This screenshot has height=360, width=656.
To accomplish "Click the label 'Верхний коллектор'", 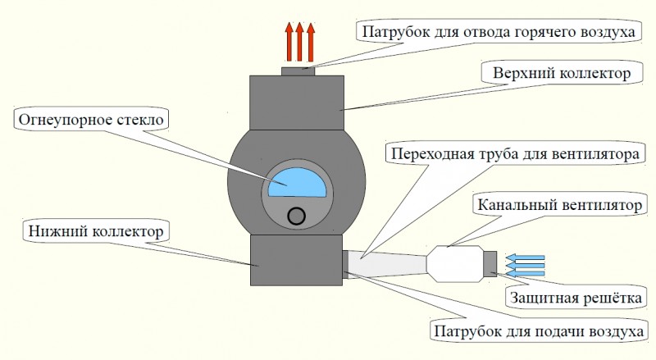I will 561,75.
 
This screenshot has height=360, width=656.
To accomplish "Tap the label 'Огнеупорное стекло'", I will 91,121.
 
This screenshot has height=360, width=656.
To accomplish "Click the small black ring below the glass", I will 297,216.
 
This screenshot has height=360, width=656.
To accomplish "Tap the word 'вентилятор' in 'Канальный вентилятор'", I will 598,203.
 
